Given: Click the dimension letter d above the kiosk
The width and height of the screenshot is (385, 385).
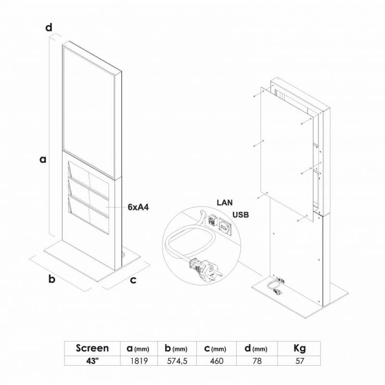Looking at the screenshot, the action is [49, 27].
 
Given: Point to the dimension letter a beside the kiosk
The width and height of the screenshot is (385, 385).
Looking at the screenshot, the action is [43, 160].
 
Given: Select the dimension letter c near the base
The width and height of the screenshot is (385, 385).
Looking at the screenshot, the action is [133, 280].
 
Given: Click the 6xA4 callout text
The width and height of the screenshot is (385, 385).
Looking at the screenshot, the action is [138, 207].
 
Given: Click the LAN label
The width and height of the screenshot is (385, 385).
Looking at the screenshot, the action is [224, 203].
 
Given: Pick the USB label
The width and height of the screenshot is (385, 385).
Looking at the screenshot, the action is [241, 215].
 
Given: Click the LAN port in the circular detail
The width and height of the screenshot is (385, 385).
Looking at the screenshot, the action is [212, 220].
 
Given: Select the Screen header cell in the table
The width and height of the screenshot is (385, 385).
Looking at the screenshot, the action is [92, 348].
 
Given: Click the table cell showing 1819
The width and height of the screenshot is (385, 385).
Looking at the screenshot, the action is [139, 360].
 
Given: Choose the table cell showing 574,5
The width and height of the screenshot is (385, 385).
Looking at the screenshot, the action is [177, 360].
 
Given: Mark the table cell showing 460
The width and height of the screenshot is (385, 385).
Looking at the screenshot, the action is [217, 360].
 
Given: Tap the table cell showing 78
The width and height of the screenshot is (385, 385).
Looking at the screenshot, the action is [257, 360].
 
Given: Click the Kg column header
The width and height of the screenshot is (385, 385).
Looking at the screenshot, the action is [299, 348].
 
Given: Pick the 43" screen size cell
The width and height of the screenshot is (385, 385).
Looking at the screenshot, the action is [92, 360].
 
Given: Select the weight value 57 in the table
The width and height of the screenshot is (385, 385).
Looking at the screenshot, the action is [299, 360].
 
